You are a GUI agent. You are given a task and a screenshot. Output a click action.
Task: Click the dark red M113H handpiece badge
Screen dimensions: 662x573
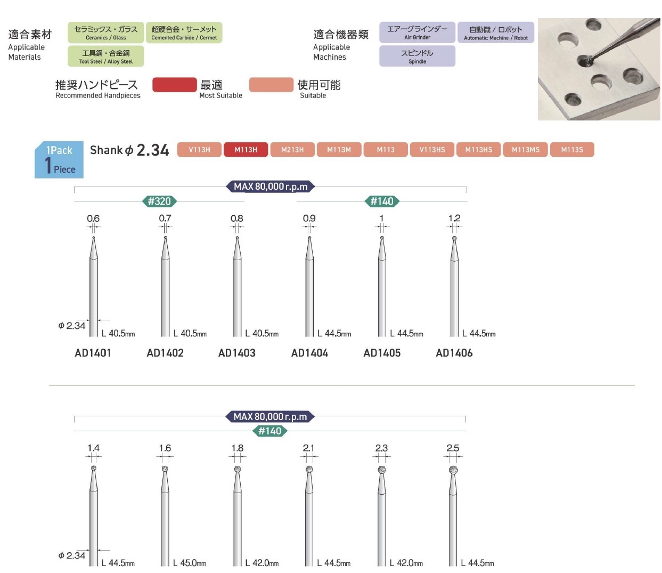(246, 149)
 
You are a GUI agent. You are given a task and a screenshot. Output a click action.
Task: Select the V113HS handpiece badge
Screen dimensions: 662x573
(432, 149)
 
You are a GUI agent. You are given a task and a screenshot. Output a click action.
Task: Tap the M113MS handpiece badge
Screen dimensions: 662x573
(525, 149)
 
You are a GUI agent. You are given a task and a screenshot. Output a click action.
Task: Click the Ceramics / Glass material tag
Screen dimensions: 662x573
(105, 33)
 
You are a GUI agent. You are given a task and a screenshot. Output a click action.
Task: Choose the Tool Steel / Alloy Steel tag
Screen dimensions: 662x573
(105, 56)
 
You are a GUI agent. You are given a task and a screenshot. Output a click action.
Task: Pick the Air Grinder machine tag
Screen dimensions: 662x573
(417, 33)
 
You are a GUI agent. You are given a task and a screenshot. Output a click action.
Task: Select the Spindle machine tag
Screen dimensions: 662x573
(417, 56)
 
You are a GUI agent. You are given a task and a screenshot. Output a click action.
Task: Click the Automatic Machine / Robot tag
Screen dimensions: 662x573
(495, 33)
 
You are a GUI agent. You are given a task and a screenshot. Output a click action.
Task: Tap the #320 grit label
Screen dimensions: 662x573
(159, 201)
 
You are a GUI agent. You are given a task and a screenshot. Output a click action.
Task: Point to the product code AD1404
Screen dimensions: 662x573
(309, 353)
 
